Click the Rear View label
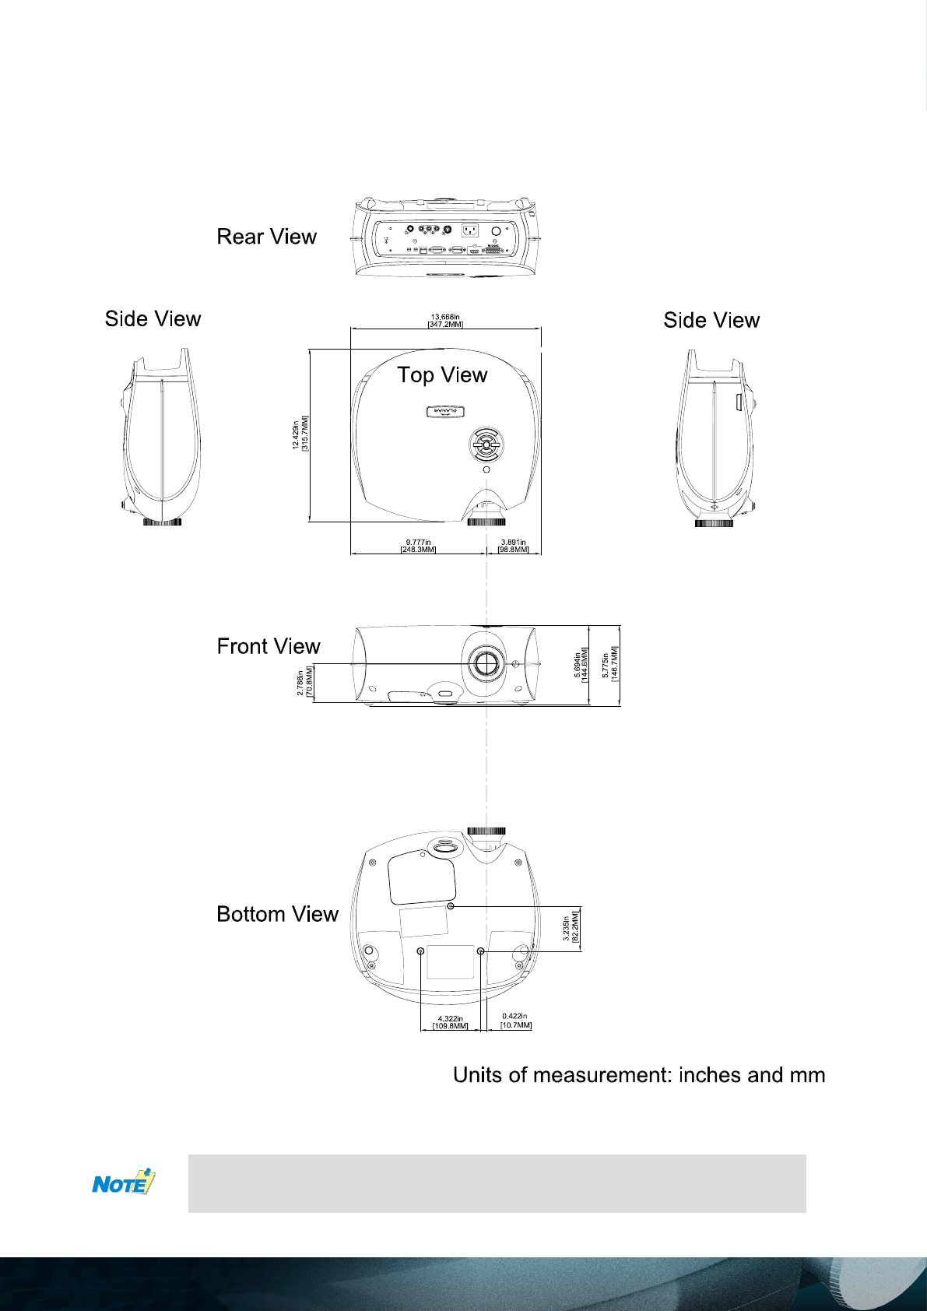point(266,237)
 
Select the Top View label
point(442,375)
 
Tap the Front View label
point(269,646)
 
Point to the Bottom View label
point(277,914)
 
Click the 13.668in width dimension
point(445,321)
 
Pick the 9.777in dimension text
point(418,546)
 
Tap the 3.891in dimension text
point(513,546)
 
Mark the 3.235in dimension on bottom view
point(571,927)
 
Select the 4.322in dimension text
point(450,1022)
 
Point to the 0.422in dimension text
point(515,1021)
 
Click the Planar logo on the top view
point(444,412)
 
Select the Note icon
point(124,1183)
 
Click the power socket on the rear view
point(470,230)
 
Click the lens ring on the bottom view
point(486,831)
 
